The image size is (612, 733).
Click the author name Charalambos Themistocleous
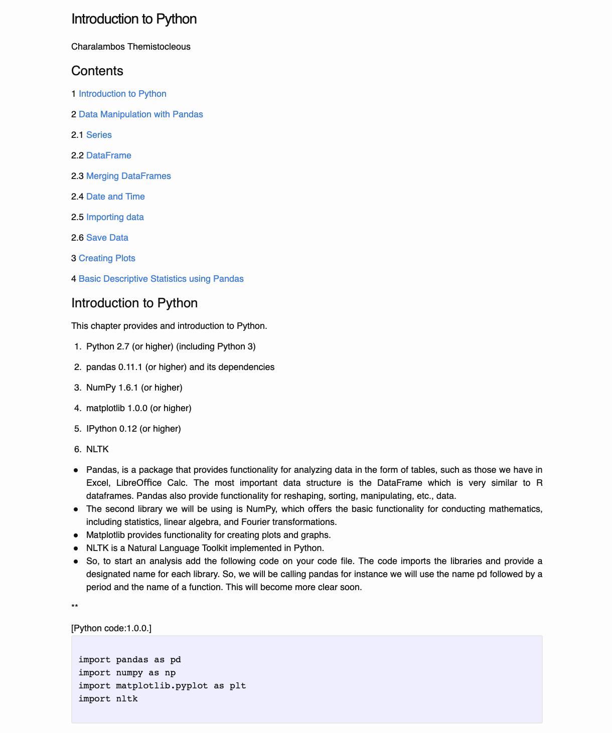(x=131, y=47)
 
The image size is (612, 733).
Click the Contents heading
(x=97, y=71)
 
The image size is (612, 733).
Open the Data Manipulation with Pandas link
(x=141, y=114)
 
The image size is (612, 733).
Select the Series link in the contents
(x=99, y=135)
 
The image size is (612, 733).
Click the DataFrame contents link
(x=109, y=155)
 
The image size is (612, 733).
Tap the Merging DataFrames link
(x=128, y=176)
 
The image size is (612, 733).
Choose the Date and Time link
(x=115, y=197)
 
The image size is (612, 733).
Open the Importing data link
(x=115, y=217)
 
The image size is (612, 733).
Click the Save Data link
(x=107, y=238)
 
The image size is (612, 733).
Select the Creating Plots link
(x=107, y=258)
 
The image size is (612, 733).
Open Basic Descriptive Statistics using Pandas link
(x=161, y=279)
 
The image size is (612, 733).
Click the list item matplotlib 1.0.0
(x=139, y=408)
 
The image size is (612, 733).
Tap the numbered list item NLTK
(x=97, y=449)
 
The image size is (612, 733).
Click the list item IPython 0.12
(x=133, y=429)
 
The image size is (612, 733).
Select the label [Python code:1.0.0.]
(x=111, y=628)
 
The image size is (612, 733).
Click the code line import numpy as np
(x=127, y=672)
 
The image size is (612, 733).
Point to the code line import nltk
(x=108, y=698)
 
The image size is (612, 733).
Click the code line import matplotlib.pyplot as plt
(x=162, y=685)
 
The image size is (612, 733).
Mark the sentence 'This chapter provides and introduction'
(x=169, y=326)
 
